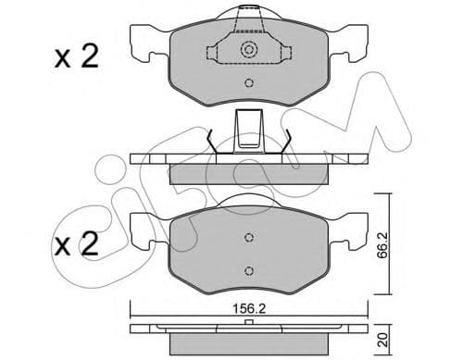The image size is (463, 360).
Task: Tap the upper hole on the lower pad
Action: (248, 237)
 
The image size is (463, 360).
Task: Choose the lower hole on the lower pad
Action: (248, 270)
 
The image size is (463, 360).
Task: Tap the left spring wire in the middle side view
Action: (212, 141)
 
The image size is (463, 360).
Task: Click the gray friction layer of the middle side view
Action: (248, 172)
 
